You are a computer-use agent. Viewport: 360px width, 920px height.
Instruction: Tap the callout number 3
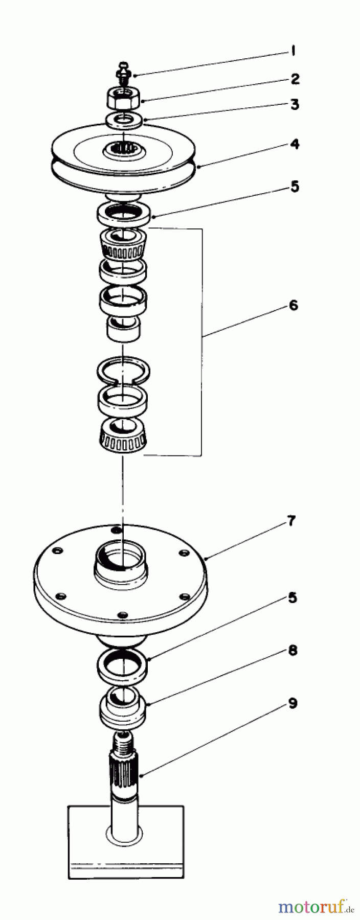(295, 104)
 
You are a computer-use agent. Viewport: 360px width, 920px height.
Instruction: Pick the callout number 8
(292, 651)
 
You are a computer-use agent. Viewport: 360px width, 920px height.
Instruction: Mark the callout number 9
(292, 703)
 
